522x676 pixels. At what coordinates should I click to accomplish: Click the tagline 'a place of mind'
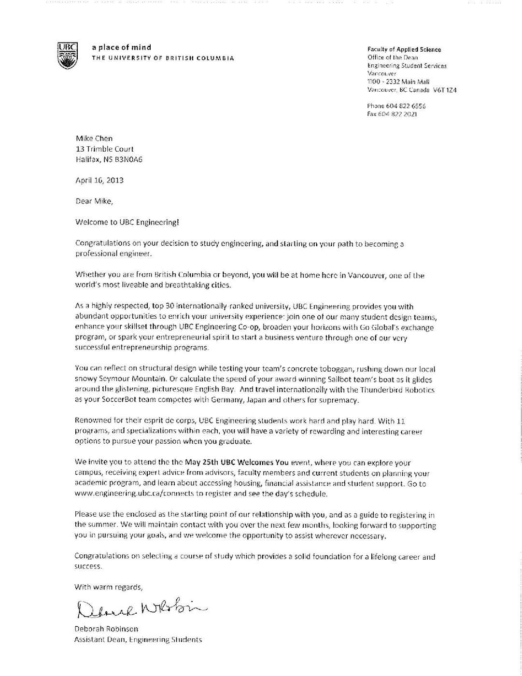click(122, 47)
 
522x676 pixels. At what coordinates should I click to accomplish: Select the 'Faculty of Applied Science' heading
click(404, 49)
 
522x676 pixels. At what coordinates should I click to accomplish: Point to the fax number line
click(392, 114)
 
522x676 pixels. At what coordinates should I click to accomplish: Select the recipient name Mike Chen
click(94, 139)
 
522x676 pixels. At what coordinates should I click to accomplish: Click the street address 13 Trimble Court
click(105, 149)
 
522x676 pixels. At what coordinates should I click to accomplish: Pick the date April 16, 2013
click(99, 180)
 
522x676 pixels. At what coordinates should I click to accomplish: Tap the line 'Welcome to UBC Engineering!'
click(127, 223)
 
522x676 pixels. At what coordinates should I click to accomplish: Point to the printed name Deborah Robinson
click(106, 629)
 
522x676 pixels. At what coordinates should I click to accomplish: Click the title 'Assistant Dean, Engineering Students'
click(138, 640)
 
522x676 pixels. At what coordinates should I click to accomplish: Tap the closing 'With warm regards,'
click(109, 587)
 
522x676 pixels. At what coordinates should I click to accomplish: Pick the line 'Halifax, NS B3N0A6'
click(109, 159)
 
